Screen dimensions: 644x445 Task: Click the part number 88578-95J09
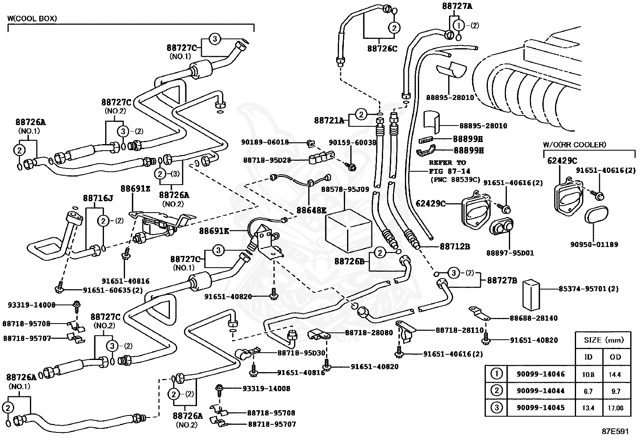tap(345, 189)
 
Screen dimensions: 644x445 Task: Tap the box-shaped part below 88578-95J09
tap(348, 231)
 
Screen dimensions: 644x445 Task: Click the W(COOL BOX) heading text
tap(32, 19)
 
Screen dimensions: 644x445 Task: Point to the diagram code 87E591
tap(615, 432)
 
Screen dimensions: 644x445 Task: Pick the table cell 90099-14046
tap(540, 374)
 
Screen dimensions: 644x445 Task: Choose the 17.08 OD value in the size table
tap(615, 408)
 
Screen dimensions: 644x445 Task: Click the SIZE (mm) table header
tap(604, 340)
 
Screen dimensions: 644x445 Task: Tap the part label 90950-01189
tap(594, 245)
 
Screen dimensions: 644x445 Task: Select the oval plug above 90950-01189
tap(597, 215)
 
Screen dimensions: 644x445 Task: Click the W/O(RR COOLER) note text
tap(574, 145)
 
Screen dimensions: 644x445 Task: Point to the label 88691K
tap(214, 231)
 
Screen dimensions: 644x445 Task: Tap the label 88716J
tap(98, 198)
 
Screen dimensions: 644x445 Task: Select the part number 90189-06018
tap(265, 142)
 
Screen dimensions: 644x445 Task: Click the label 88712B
tap(455, 247)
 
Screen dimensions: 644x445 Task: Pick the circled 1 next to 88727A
tap(459, 26)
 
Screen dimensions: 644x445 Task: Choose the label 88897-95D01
tap(510, 253)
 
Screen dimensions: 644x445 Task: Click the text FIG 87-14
tap(450, 171)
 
